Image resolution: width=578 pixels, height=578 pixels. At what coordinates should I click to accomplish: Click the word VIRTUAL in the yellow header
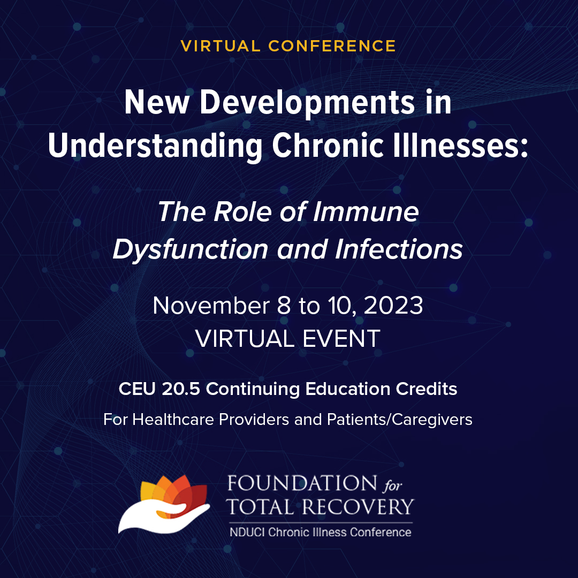220,46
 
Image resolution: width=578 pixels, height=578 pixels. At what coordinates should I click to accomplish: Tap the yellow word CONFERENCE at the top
332,46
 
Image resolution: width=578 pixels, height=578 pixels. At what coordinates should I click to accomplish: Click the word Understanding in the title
155,146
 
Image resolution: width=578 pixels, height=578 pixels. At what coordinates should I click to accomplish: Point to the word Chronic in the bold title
328,145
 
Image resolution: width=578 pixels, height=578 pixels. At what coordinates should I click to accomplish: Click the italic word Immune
366,212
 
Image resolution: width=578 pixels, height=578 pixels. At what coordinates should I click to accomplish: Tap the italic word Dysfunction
190,249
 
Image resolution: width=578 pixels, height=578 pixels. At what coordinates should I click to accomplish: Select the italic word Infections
399,249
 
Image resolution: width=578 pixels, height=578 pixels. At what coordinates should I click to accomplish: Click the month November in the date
211,306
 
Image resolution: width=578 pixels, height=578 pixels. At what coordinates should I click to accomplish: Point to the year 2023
393,306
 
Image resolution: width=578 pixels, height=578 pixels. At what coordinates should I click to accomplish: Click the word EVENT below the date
336,338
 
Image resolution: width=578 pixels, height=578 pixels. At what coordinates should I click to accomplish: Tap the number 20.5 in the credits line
181,389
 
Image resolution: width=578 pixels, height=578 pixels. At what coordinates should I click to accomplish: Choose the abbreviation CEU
137,389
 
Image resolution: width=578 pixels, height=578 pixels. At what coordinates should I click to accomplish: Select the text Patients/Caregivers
400,420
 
